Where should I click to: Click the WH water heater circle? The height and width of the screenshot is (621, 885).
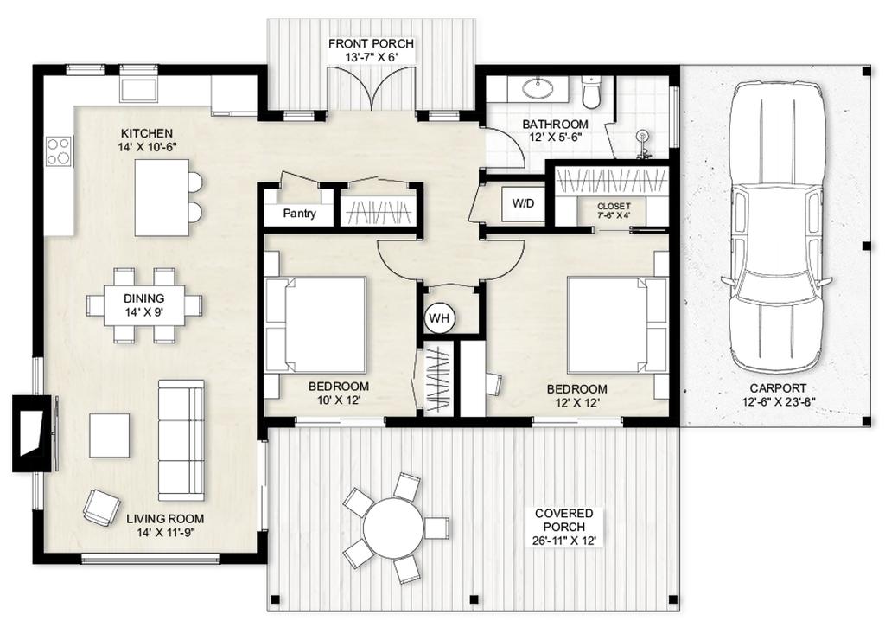point(439,318)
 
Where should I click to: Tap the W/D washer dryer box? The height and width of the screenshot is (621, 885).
point(523,203)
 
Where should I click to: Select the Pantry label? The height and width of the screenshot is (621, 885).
point(299,214)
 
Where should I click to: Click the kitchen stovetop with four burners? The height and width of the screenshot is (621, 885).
point(59,150)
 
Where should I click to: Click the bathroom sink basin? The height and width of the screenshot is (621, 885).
point(538,89)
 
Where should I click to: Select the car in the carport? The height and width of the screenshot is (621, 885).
point(776,226)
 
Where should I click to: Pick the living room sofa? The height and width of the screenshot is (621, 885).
point(181,440)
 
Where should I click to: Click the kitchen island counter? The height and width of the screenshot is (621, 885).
point(162,198)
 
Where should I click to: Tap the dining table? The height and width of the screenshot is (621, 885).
point(144,305)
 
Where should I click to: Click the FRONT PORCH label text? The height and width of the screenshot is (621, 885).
point(371,43)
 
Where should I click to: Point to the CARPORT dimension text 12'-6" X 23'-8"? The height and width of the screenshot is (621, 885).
point(779,402)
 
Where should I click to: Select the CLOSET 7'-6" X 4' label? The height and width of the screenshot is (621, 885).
point(614,211)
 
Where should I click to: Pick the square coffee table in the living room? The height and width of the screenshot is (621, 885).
point(110,435)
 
